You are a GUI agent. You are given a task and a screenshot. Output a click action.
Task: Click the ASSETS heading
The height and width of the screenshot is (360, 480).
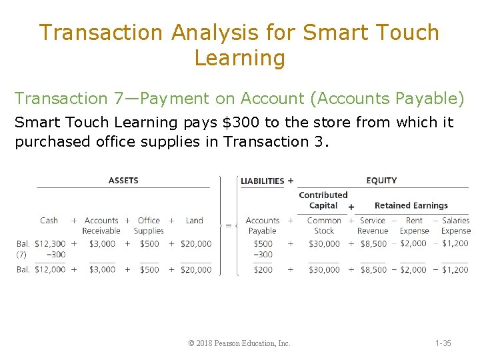point(123,180)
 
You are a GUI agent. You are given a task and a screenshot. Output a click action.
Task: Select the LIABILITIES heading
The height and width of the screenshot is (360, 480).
point(262,181)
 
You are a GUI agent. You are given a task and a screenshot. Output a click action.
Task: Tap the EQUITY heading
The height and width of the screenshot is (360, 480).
point(381,180)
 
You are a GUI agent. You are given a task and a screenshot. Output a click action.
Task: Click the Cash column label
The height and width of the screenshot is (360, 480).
point(49,220)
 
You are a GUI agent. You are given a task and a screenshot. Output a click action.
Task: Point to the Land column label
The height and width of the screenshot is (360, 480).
point(195,220)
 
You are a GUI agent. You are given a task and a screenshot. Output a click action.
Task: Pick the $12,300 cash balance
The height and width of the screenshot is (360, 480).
point(50,243)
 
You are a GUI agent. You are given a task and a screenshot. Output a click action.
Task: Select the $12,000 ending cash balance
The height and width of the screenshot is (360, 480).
point(50,269)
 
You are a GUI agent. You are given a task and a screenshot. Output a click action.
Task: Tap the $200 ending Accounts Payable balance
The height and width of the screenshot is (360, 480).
point(263,269)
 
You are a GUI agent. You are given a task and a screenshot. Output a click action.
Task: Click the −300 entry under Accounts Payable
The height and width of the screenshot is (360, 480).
point(263,254)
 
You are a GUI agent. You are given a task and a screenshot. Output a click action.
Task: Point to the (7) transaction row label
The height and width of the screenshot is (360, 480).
point(22,254)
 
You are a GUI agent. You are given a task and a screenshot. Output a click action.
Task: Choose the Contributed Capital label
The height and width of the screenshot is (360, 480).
point(323,200)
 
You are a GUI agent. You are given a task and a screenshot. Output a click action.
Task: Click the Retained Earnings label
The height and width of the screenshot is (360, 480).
point(411,205)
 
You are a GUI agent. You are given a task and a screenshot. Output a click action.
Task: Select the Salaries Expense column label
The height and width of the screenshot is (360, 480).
point(456,225)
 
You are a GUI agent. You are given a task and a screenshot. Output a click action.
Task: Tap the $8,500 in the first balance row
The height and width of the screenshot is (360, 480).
point(373,243)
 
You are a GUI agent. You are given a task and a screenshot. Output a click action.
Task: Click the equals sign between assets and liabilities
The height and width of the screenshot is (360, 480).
point(229,225)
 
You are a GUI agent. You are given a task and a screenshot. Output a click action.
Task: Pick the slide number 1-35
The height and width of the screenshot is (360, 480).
point(443,343)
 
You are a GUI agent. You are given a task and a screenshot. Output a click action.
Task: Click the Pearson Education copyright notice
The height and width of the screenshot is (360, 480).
point(239,343)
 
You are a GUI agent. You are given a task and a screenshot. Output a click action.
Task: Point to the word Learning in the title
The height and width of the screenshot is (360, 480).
point(239,58)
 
